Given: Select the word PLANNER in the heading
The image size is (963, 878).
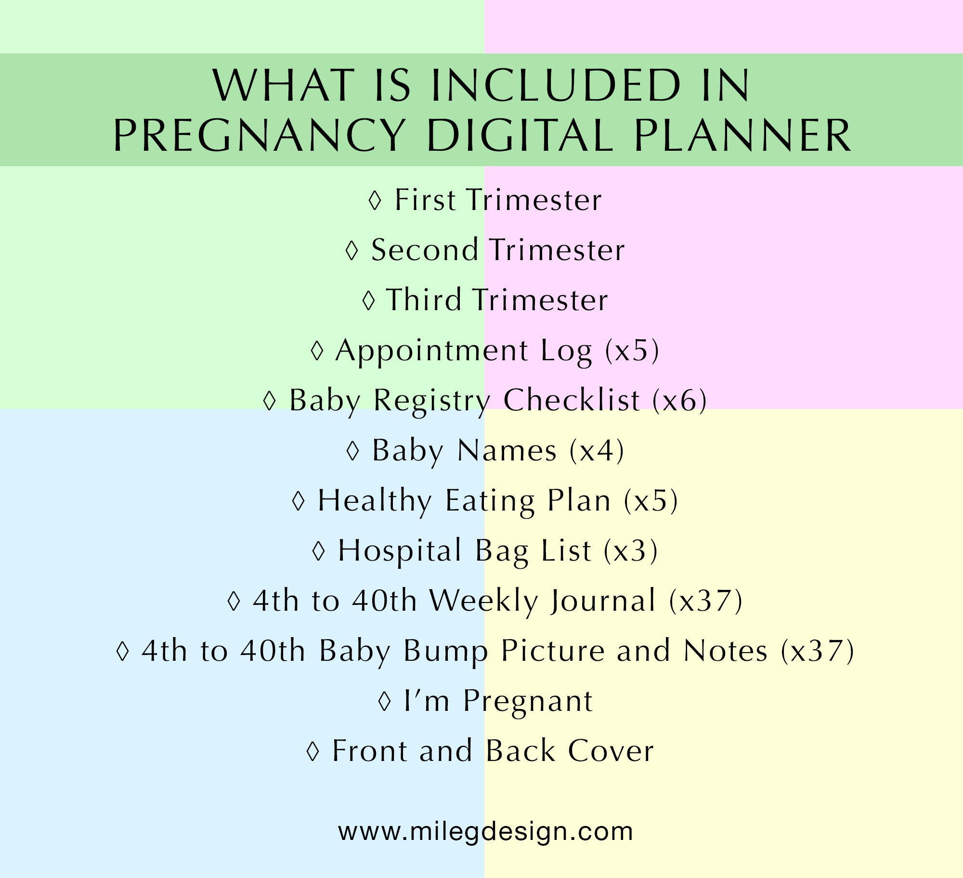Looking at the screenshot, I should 743,136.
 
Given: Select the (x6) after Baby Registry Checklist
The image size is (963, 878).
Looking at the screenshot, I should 679,400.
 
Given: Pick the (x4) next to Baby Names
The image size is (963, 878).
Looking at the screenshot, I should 597,451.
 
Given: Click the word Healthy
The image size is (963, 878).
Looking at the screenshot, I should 375,501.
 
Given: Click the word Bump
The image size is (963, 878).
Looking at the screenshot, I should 445,651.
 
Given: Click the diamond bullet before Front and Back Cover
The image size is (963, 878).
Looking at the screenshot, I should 313,751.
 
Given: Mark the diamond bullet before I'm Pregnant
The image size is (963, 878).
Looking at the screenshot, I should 384,701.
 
